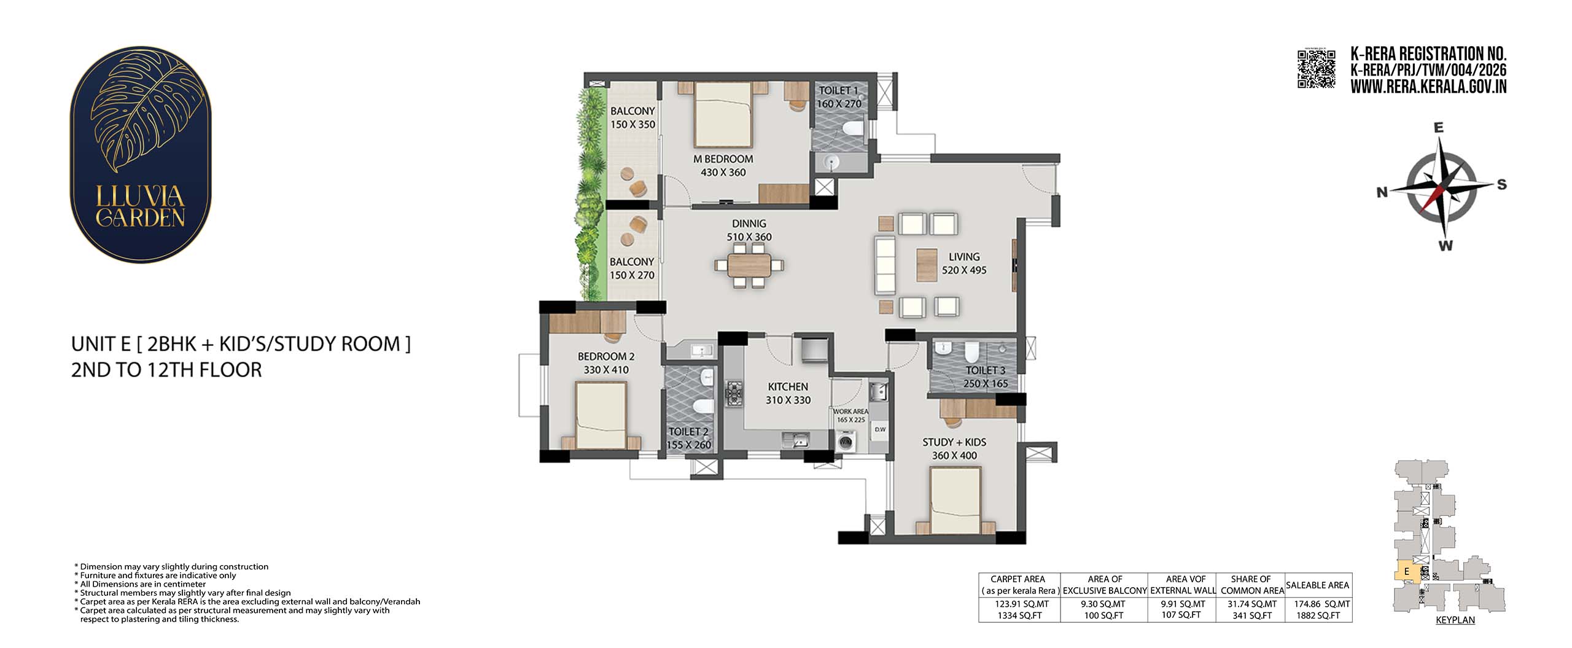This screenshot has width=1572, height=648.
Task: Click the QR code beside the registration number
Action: [1316, 69]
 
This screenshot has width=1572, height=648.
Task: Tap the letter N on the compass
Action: [1382, 192]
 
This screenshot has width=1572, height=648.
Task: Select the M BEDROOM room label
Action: [723, 159]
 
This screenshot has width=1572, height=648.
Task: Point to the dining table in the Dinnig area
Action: [749, 265]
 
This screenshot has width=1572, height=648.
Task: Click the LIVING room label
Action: [964, 257]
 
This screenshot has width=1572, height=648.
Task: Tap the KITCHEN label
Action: [788, 387]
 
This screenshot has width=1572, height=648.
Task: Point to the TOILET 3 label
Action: [986, 370]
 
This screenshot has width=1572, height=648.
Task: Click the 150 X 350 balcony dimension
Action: [632, 125]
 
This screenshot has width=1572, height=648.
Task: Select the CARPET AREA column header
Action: [1018, 579]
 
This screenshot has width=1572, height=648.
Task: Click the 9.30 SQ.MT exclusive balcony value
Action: [1104, 604]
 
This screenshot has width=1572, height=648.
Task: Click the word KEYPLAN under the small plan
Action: [1455, 620]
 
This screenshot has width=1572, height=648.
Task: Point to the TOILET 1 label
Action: [838, 91]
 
